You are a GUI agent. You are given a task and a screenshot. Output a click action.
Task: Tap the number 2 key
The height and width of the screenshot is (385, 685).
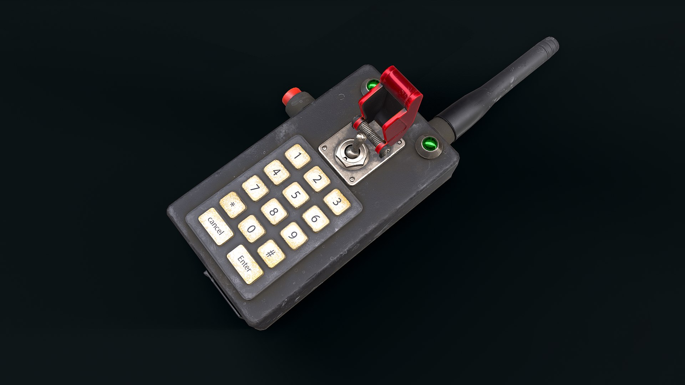pos(316,179)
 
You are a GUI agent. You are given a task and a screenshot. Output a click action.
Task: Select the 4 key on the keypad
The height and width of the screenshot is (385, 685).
pos(276,173)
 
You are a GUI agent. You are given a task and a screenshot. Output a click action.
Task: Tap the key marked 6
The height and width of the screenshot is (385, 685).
pos(315,219)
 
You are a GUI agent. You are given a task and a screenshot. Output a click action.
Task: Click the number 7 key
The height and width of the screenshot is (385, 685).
pos(255,188)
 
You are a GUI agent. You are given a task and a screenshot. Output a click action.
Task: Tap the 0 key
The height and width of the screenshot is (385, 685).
pos(252,229)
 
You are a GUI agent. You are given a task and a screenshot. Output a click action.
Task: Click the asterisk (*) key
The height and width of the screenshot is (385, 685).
pos(233,205)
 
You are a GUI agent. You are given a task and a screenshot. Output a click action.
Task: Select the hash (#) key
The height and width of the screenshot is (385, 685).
pos(271,253)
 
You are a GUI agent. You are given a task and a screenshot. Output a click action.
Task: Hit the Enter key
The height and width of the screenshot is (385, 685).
pos(245,264)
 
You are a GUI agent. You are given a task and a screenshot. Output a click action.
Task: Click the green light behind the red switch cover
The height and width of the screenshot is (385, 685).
pos(373,84)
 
